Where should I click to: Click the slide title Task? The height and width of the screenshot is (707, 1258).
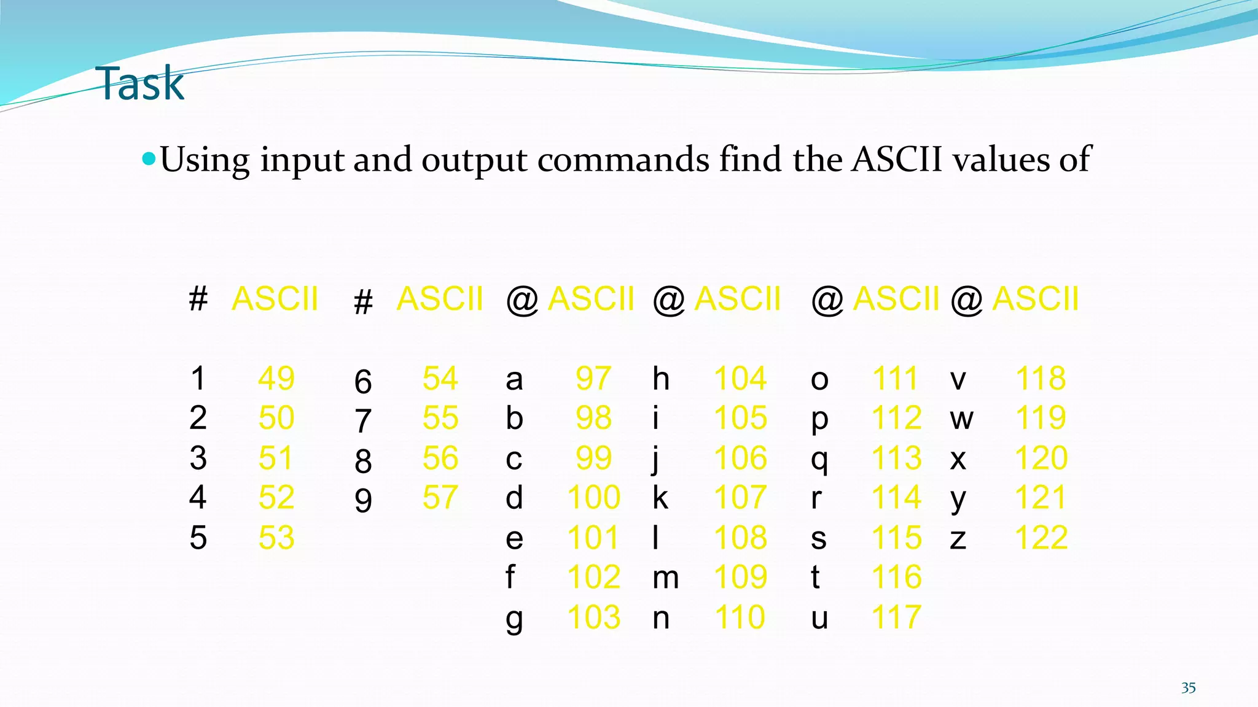coord(140,84)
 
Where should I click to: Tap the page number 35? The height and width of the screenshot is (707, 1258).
coord(1188,688)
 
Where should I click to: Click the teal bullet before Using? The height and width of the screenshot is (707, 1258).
coord(149,160)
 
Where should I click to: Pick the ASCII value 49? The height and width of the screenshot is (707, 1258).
coord(276,378)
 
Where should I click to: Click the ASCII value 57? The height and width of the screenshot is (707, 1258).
coord(440,498)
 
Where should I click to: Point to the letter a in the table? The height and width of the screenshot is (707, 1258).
coord(514,381)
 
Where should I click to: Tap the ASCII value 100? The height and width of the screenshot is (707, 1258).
coord(593,498)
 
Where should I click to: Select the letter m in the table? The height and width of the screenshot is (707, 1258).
coord(666,578)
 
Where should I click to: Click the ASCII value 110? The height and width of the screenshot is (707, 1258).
coord(740,617)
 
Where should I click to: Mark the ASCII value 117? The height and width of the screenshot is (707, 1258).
coord(896,617)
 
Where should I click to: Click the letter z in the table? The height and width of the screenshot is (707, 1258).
coord(958,539)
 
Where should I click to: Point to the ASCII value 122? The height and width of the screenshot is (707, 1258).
coord(1041,538)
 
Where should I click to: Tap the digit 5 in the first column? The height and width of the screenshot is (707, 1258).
coord(198,538)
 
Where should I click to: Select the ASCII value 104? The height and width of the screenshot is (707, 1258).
coord(740,378)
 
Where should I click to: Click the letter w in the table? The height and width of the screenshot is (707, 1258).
coord(961,420)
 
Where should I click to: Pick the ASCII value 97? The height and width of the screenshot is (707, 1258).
coord(593,378)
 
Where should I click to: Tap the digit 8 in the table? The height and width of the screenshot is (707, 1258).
coord(363,462)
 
